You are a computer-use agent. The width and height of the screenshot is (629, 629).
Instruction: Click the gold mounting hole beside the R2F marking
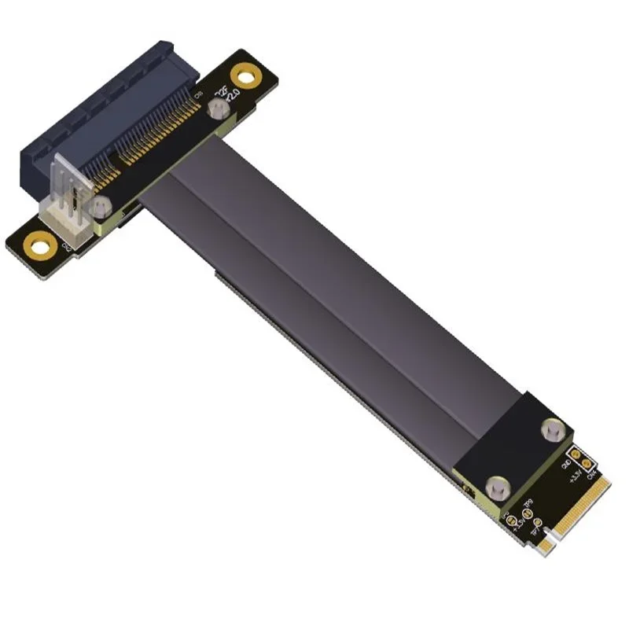coord(250,77)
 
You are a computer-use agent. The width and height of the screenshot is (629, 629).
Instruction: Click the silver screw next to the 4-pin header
coord(99,208)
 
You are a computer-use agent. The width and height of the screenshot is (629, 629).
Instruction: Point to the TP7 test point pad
coord(536,521)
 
